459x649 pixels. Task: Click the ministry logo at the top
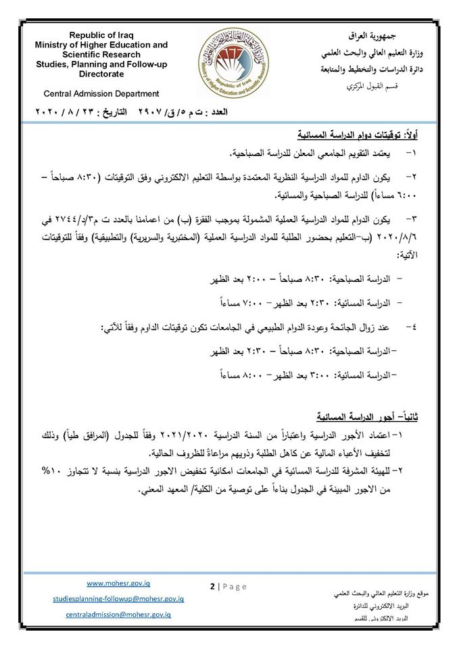coord(232,62)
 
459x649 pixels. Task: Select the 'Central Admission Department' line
coord(101,94)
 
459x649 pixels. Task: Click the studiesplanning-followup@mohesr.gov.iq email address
coord(118,598)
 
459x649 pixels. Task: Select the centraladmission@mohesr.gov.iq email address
coord(118,615)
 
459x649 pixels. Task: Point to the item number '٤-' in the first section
coord(412,327)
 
